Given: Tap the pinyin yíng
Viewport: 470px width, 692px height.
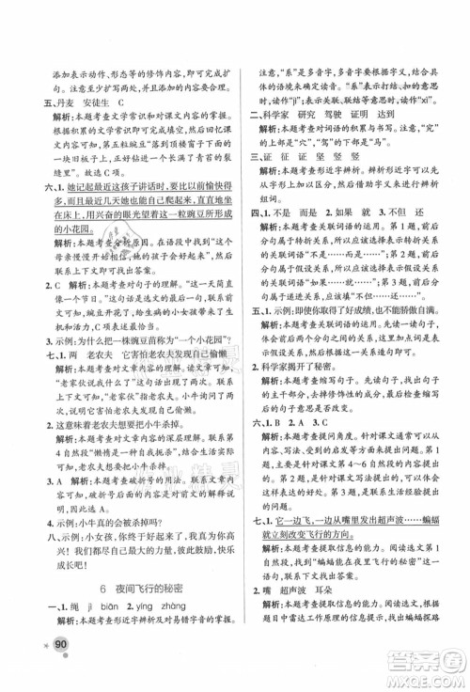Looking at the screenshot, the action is click(x=174, y=605).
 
